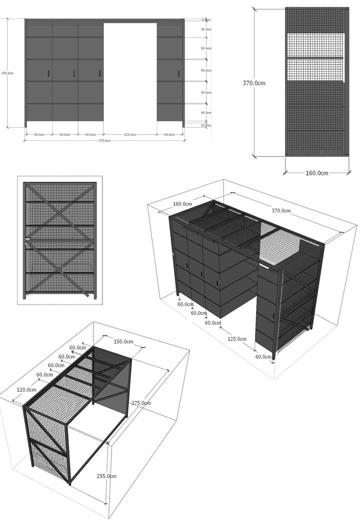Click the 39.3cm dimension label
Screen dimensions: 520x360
point(205,29)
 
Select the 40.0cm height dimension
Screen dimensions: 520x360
point(205,112)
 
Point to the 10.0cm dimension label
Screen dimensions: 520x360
point(205,124)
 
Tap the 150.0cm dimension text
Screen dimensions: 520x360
point(123,342)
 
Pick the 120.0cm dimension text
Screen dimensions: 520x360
point(26,389)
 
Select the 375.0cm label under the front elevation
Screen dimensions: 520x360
point(104,140)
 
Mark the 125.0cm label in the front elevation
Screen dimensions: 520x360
point(130,134)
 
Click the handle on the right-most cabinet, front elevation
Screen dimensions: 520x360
point(178,73)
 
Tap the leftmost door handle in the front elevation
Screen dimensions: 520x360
point(48,73)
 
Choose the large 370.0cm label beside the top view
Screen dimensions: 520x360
point(266,83)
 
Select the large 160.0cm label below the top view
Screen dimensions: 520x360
point(316,173)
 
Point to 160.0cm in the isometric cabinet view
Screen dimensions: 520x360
point(182,204)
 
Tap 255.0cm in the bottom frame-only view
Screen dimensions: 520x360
point(106,476)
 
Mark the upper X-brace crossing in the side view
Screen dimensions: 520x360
point(59,211)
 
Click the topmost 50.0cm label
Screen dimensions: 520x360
point(205,48)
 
